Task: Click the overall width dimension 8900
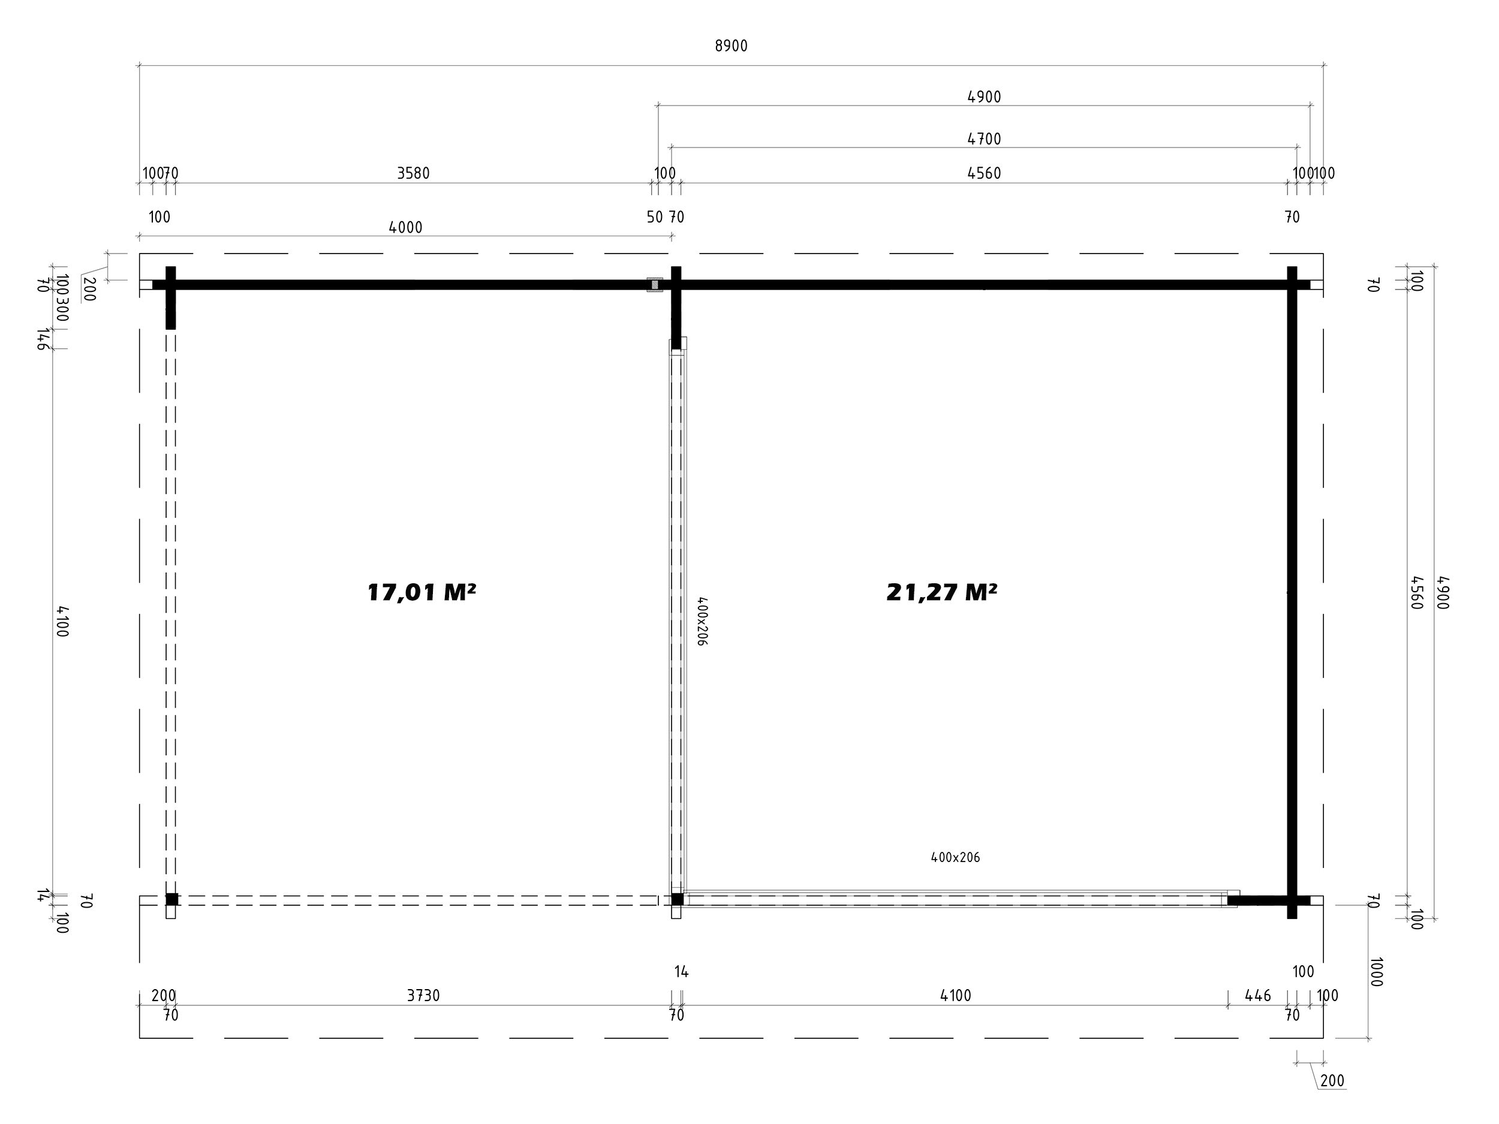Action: point(731,46)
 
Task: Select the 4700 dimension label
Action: point(984,139)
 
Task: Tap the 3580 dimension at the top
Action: point(413,173)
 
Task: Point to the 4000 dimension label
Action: point(405,228)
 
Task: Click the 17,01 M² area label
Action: point(422,592)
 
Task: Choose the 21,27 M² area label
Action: point(942,592)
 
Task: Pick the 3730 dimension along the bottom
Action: point(423,995)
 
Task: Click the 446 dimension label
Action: point(1259,995)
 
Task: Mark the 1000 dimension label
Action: point(1376,972)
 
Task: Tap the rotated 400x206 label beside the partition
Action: point(702,620)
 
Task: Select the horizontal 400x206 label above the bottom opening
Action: point(956,857)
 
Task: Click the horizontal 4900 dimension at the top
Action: point(984,97)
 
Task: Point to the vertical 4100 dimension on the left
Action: point(62,621)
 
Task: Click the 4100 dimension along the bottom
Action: point(956,995)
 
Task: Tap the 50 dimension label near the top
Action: point(655,217)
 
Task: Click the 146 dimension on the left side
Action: point(43,339)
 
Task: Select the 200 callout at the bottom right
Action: point(1332,1080)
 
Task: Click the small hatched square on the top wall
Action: point(655,285)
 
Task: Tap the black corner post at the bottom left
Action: point(172,899)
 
